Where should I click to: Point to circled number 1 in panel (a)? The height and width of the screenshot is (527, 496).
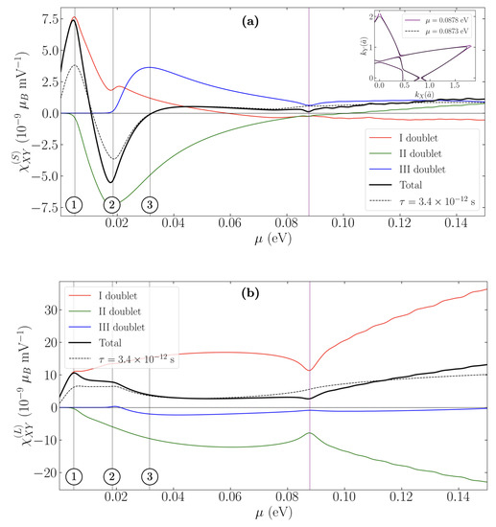pyautogui.click(x=74, y=203)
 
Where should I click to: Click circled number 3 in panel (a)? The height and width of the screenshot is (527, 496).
pyautogui.click(x=149, y=203)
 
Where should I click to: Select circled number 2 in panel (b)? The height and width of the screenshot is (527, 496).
pyautogui.click(x=112, y=476)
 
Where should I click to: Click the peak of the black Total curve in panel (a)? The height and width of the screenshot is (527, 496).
pyautogui.click(x=73, y=21)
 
